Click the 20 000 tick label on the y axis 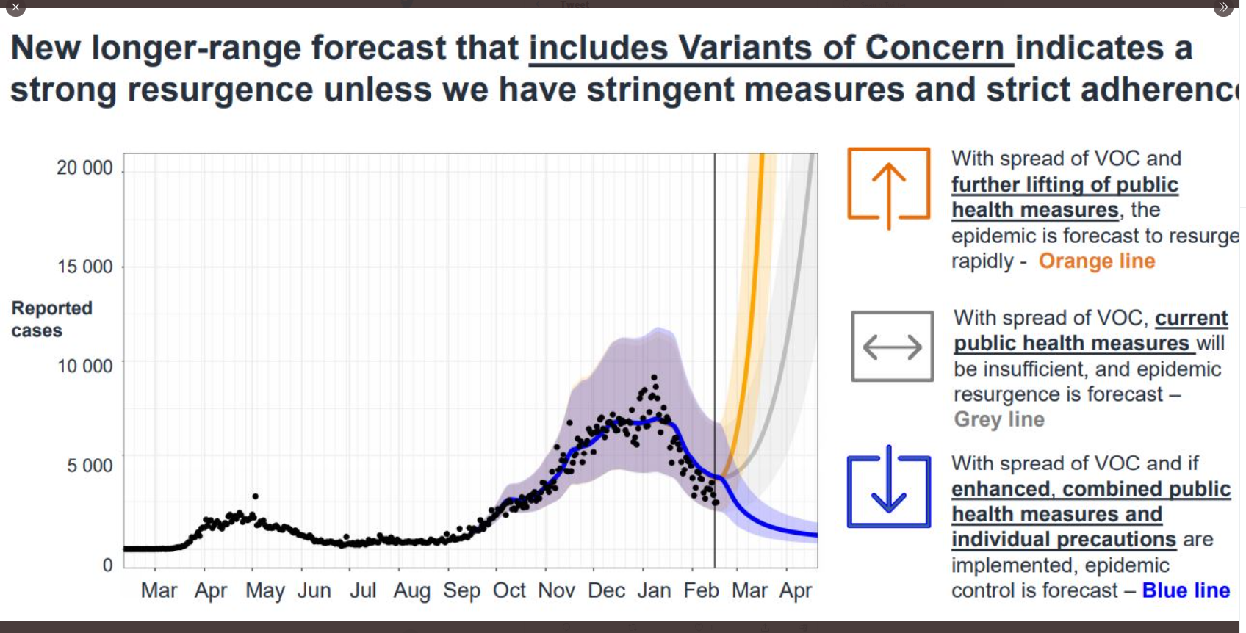click(x=84, y=167)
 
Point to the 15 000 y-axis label click(x=85, y=267)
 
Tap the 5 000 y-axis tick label click(x=90, y=465)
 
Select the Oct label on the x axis click(x=509, y=590)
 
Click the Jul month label click(x=363, y=590)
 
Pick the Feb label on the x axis click(x=701, y=590)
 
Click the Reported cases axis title click(x=51, y=319)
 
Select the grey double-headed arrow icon click(x=892, y=346)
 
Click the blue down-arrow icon click(x=889, y=486)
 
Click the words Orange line click(x=1096, y=261)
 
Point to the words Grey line click(x=999, y=419)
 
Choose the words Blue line click(x=1186, y=590)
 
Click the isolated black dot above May click(x=256, y=496)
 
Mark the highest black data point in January click(x=654, y=377)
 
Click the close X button click(x=15, y=7)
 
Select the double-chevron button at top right click(x=1223, y=7)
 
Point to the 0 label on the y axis click(x=108, y=565)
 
